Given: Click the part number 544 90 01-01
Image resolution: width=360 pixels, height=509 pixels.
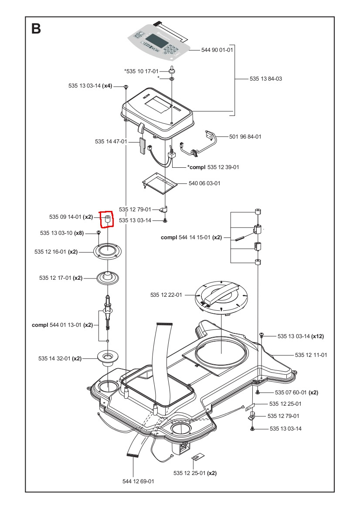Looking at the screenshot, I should tap(217, 50).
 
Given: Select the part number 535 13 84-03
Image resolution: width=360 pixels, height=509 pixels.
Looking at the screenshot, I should tap(266, 79).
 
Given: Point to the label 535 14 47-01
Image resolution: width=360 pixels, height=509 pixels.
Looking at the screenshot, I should tap(111, 142).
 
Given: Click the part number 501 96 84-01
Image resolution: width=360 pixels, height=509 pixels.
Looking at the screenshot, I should tap(245, 137).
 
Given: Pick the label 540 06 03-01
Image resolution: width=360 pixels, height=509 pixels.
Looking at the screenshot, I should tap(204, 183).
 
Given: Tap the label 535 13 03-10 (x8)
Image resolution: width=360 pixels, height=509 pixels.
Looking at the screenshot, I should tap(62, 233).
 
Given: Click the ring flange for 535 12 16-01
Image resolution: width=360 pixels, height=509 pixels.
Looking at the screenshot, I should tap(107, 251).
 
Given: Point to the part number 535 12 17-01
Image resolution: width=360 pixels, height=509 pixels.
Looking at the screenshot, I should tap(55, 278).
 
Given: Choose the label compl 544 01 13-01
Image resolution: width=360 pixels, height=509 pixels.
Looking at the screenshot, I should tap(62, 325).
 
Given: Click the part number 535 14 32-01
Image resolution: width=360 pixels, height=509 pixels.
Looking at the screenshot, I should tap(54, 358).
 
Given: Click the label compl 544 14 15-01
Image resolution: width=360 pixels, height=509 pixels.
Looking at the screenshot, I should tap(191, 238).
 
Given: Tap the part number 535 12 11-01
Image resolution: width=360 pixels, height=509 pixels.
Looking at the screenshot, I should tap(311, 355).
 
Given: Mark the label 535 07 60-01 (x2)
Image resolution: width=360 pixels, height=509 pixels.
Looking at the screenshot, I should tap(296, 392).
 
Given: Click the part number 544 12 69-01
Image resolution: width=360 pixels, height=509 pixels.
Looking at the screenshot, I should tap(138, 481).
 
